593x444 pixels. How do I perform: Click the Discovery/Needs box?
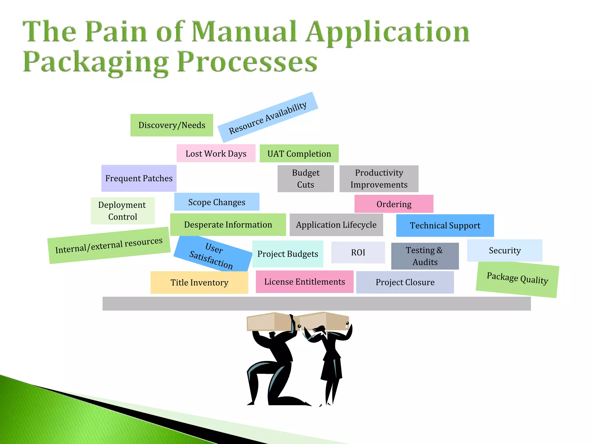pos(172,125)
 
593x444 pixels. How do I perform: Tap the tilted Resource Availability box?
pos(268,117)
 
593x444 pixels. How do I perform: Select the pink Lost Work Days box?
pos(216,153)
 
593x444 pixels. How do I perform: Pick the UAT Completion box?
pos(299,153)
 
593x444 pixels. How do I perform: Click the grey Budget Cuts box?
pos(305,179)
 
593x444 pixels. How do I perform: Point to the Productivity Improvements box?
pos(379,179)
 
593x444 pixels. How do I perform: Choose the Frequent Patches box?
pos(139,178)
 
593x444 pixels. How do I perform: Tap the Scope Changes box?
pos(217,202)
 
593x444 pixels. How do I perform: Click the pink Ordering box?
pos(394,204)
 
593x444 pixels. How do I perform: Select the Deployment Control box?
pos(122,211)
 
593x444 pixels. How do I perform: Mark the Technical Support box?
pos(445,225)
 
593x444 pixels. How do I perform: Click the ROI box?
pos(358,252)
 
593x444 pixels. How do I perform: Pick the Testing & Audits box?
pos(425,256)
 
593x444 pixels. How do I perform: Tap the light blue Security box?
pos(505,250)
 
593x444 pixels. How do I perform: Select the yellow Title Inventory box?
pos(199,282)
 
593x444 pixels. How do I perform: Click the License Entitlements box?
pos(305,282)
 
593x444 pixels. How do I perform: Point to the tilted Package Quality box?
pos(517,279)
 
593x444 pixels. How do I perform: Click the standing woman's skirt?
pos(332,367)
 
